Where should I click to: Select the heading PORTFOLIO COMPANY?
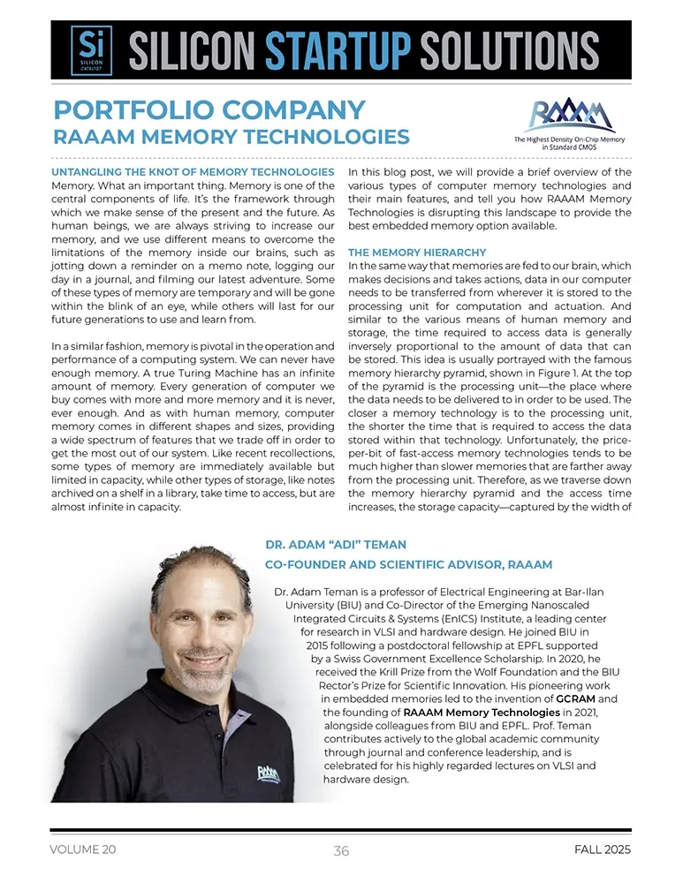[x=209, y=110]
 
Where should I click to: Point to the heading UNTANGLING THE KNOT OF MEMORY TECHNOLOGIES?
[x=193, y=171]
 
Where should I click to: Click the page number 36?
[x=341, y=851]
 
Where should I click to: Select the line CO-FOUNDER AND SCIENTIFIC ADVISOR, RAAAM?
[x=408, y=565]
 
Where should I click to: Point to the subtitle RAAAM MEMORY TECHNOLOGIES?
[x=231, y=138]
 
